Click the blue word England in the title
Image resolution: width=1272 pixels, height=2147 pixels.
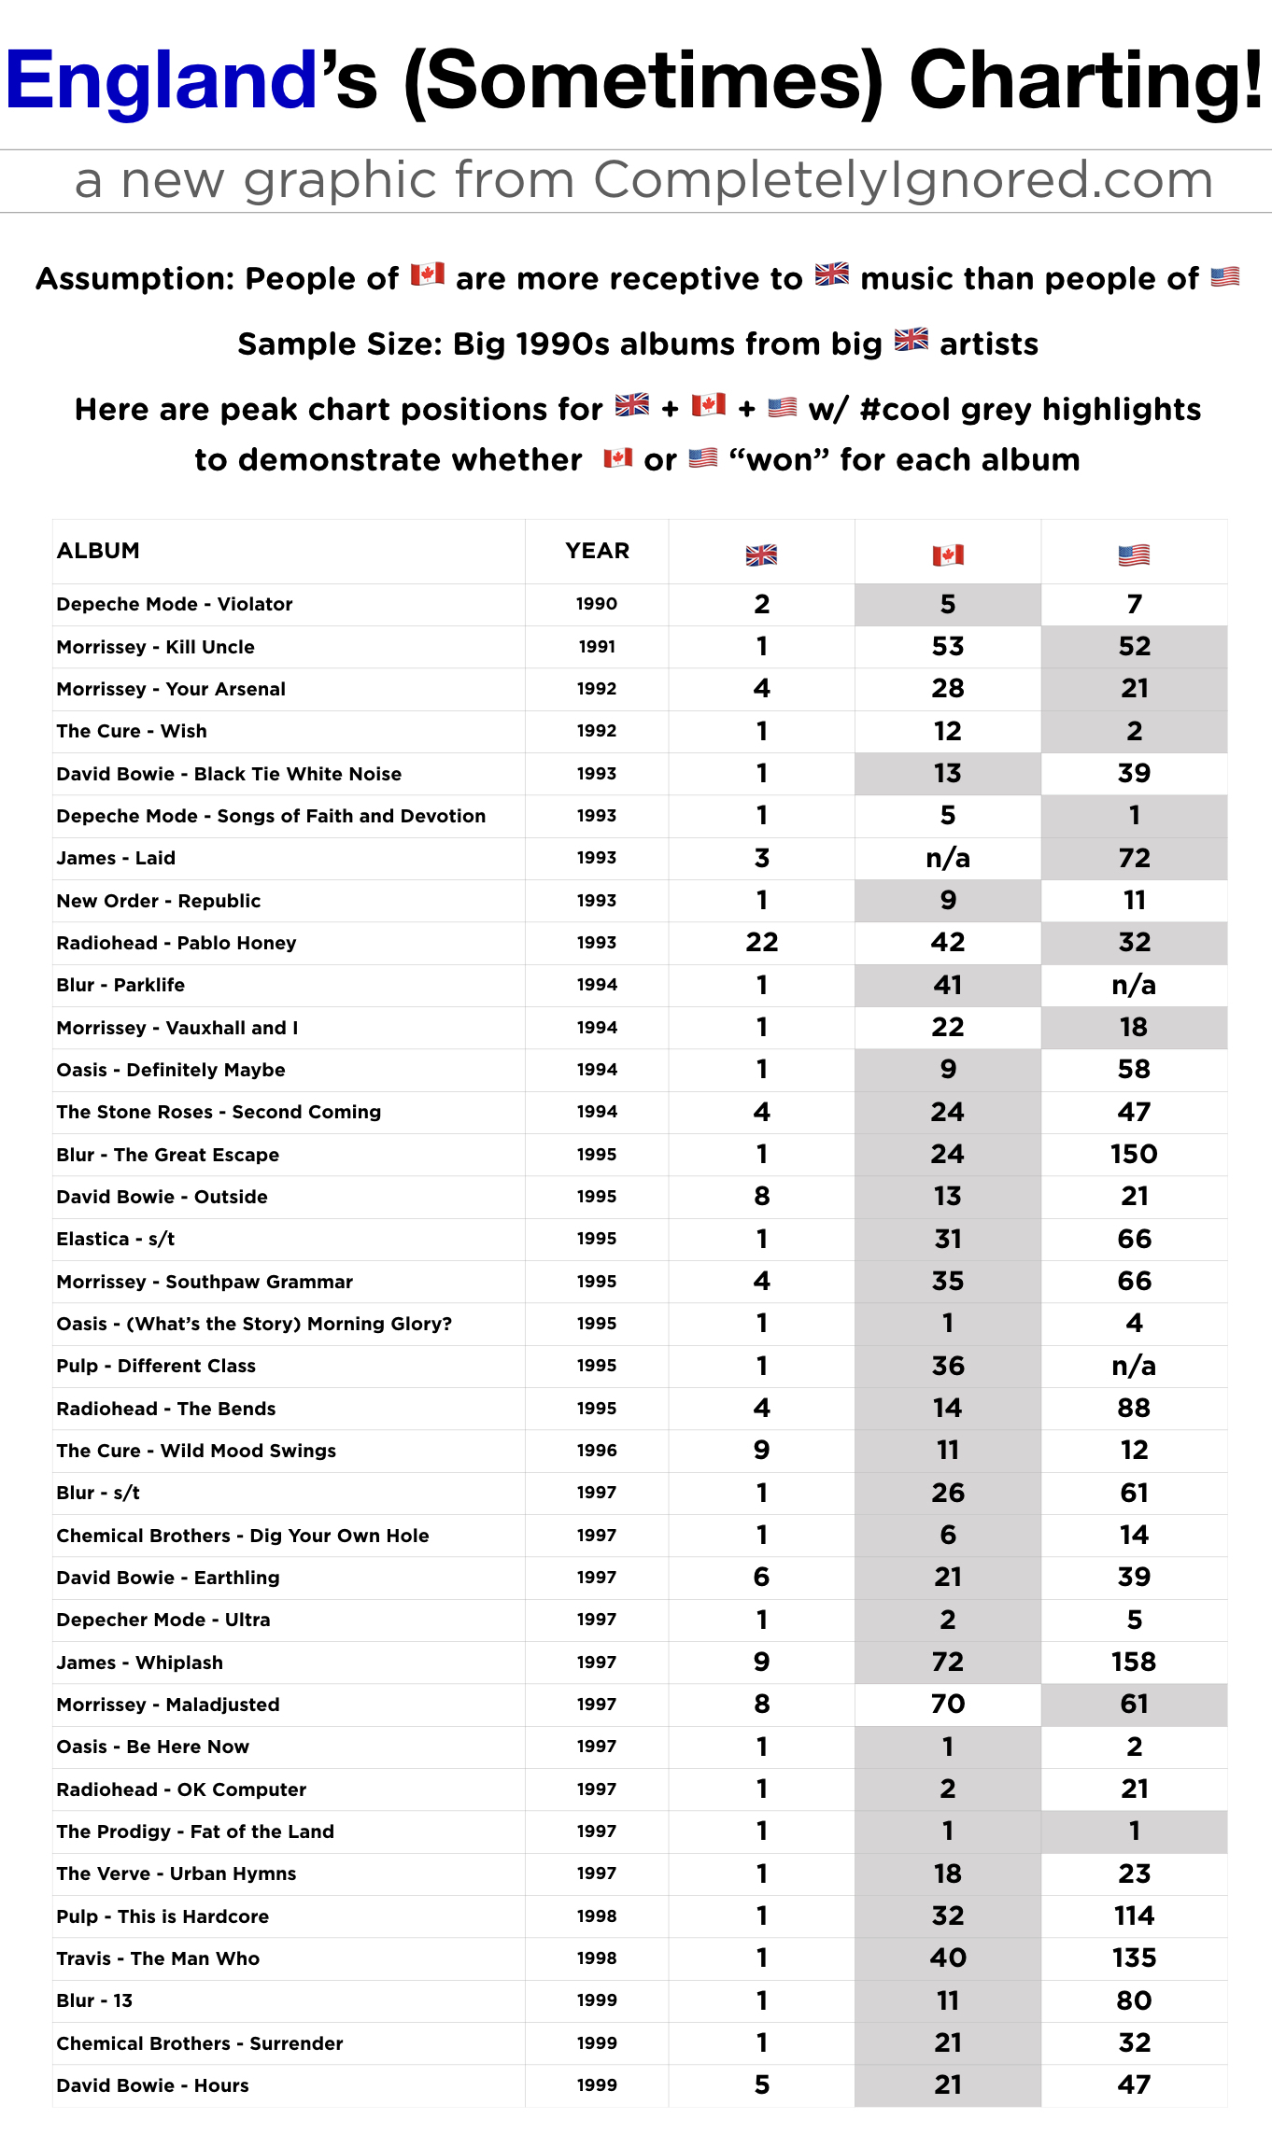tap(162, 81)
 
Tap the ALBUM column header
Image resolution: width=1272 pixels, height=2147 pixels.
tap(98, 551)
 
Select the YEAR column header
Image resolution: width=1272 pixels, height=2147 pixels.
tap(597, 551)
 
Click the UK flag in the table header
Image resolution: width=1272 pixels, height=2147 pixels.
tap(761, 555)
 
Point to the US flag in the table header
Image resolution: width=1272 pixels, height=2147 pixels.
tap(1134, 555)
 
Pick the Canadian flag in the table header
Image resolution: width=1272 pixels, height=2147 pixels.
tap(948, 555)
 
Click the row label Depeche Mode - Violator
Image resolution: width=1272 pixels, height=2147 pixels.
tap(175, 604)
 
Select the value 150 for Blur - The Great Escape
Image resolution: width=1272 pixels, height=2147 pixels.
tap(1134, 1154)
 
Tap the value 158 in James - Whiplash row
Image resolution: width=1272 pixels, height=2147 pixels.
tap(1134, 1662)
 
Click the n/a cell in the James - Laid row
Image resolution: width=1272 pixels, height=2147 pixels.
tap(948, 858)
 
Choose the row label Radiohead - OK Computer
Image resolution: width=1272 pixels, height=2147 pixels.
tap(181, 1789)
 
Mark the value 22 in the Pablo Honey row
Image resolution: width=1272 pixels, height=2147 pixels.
tap(761, 942)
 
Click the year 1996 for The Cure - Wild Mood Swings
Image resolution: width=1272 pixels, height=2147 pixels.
tap(597, 1451)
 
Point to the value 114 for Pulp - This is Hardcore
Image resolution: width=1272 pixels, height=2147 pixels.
tap(1134, 1915)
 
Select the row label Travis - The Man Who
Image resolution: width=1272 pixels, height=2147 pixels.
tap(158, 1958)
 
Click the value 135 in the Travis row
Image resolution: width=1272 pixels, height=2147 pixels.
tap(1134, 1958)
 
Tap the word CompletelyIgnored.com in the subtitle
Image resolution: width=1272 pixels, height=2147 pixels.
tap(903, 179)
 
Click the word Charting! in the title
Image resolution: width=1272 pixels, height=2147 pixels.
tap(1086, 81)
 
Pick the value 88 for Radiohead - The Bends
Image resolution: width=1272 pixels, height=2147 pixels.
tap(1134, 1408)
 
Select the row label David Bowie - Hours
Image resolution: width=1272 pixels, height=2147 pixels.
tap(152, 2085)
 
